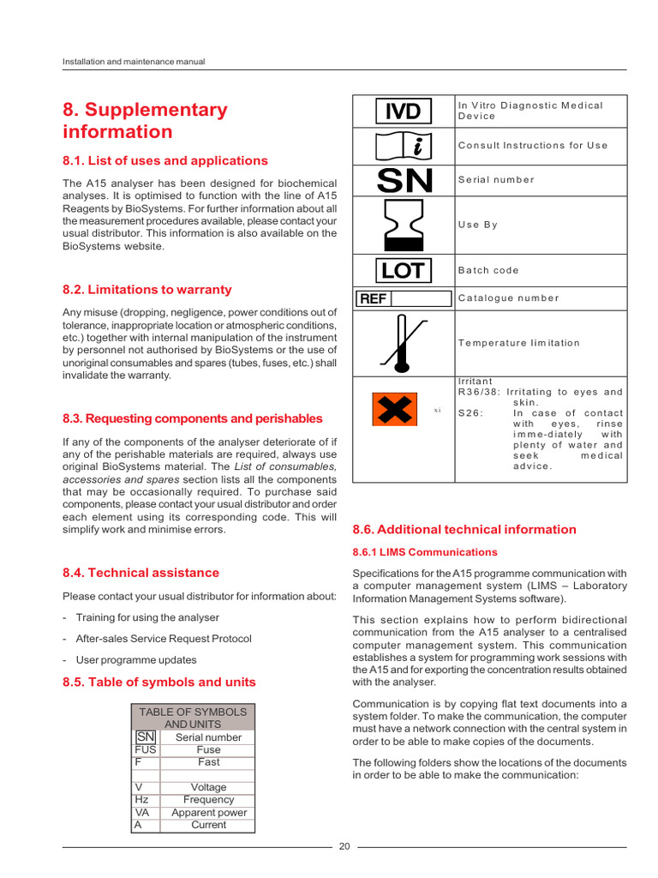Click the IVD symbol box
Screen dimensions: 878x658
coord(403,111)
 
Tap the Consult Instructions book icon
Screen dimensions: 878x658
coord(403,146)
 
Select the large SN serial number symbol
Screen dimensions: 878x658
coord(405,180)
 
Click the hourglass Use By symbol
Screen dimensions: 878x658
coord(404,225)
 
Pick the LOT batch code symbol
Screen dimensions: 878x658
coord(403,271)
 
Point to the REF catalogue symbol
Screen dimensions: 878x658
coord(403,298)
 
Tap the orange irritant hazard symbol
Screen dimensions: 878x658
coord(394,409)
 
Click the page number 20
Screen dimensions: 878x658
coord(344,846)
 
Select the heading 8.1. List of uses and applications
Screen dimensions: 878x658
coord(164,160)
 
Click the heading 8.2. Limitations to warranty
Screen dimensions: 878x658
coord(147,290)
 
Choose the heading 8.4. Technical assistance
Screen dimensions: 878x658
coord(141,573)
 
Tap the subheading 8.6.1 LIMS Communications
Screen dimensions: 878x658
coord(425,552)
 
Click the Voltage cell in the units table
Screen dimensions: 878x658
coord(208,787)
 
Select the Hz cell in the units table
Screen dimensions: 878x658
coord(142,799)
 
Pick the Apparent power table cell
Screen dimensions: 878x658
coord(208,812)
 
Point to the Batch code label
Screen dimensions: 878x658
coord(488,270)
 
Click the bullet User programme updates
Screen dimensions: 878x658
coord(135,660)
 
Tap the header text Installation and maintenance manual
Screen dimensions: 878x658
coord(134,62)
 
